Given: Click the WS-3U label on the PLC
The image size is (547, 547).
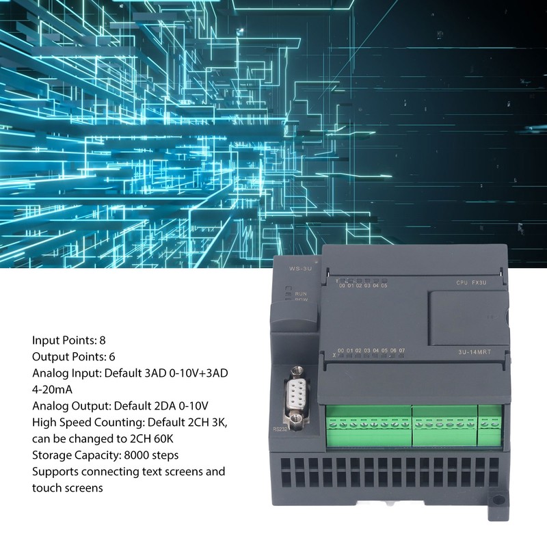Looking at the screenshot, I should [x=299, y=269].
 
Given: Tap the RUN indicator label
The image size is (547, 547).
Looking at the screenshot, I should [x=301, y=293].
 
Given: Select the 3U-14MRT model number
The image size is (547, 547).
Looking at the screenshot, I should [x=476, y=353].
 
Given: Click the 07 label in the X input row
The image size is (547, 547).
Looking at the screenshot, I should [x=402, y=351].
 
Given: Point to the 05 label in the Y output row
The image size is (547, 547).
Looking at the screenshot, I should [x=384, y=286].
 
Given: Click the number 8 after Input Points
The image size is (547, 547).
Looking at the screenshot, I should [x=103, y=339].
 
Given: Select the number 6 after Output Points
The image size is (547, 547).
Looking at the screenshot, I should [x=111, y=356].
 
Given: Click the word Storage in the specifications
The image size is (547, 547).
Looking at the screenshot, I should [x=51, y=455].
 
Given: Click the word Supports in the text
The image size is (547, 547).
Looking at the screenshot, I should [x=55, y=471].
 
